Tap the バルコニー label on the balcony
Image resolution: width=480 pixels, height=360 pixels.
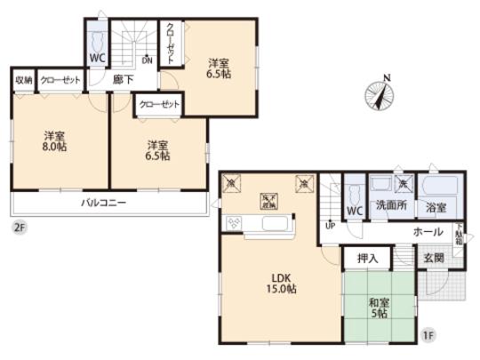(x=104, y=203)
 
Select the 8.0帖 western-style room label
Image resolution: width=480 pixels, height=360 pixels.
(x=55, y=143)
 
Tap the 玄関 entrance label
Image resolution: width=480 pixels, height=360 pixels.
(x=434, y=259)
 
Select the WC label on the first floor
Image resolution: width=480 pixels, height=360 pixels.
(x=352, y=211)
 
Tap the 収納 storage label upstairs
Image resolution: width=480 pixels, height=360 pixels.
(x=23, y=80)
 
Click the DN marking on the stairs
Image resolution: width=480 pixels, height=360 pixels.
(x=148, y=61)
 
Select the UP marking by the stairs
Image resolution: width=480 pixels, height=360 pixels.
(x=331, y=225)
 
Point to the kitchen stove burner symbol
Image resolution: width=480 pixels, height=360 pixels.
(x=236, y=222)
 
